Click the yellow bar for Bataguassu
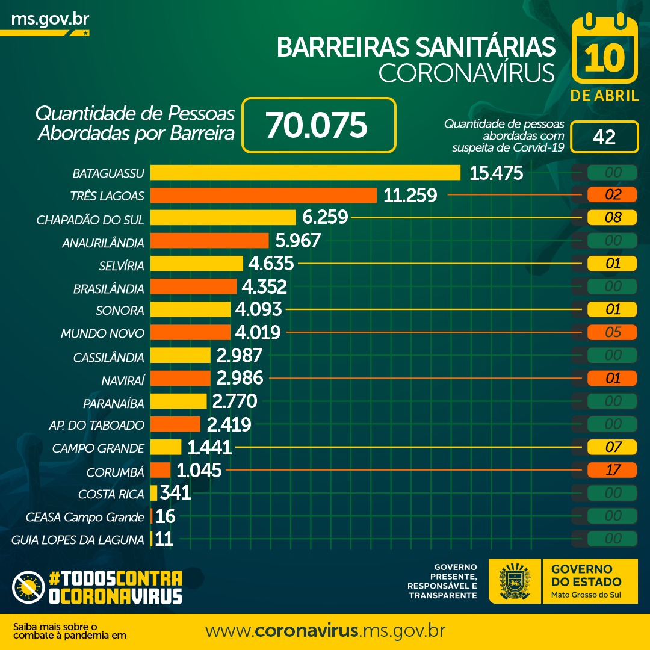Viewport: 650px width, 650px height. pyautogui.click(x=305, y=173)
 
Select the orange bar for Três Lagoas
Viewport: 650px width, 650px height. pyautogui.click(x=263, y=196)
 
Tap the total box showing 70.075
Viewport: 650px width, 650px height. pyautogui.click(x=318, y=125)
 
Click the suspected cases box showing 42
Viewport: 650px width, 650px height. pyautogui.click(x=604, y=137)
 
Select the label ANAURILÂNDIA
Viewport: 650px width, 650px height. pyautogui.click(x=103, y=243)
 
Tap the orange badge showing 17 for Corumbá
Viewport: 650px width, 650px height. pyautogui.click(x=613, y=470)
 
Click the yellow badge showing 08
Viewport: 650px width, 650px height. pyautogui.click(x=613, y=217)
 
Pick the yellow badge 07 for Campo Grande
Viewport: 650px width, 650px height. pyautogui.click(x=613, y=447)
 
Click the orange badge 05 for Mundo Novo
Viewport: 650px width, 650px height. pyautogui.click(x=613, y=332)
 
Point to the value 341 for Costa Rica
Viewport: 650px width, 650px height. pyautogui.click(x=175, y=494)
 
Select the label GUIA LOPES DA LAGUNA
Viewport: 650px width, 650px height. pyautogui.click(x=78, y=539)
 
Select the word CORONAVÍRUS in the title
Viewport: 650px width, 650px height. pyautogui.click(x=466, y=73)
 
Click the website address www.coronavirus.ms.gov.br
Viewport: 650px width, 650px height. pyautogui.click(x=325, y=631)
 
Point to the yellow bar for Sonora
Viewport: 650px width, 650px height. pyautogui.click(x=190, y=309)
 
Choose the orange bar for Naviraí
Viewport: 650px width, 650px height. pyautogui.click(x=180, y=379)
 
